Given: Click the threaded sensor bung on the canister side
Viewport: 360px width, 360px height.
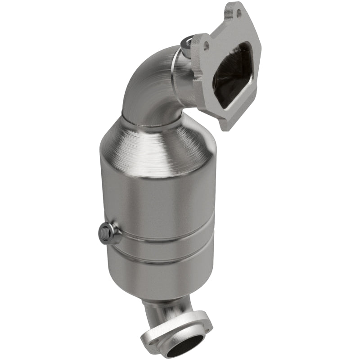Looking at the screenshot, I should [x=105, y=233].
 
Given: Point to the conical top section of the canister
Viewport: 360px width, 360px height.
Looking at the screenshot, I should [x=155, y=144].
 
